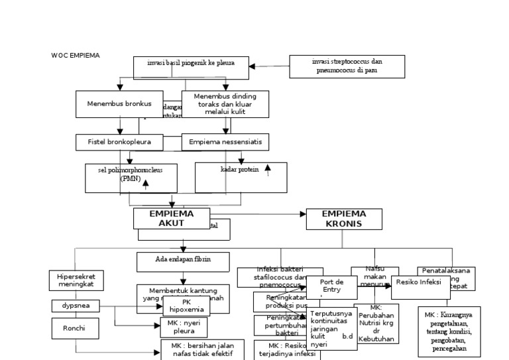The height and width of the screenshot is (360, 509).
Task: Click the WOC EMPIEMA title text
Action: [76, 56]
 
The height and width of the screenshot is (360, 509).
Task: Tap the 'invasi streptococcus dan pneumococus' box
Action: [347, 66]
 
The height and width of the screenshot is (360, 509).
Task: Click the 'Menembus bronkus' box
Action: [119, 104]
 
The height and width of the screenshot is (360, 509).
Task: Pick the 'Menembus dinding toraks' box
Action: [226, 104]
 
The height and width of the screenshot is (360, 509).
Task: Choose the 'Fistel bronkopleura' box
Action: [119, 142]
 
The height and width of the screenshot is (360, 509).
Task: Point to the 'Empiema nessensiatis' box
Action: [225, 142]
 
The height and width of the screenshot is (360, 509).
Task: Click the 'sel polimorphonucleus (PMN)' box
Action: [132, 177]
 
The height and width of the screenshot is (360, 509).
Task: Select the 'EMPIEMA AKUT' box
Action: [171, 219]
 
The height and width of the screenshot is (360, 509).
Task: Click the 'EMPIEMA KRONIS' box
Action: [344, 219]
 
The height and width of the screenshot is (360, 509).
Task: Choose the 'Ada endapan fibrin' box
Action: [183, 261]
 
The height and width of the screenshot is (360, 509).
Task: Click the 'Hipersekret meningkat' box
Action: [76, 280]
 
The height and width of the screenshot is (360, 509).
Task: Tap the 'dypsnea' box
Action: [76, 306]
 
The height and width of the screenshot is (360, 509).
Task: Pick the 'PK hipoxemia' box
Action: [186, 306]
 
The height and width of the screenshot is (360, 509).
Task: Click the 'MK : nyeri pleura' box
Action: [184, 327]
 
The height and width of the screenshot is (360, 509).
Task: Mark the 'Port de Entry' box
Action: [331, 286]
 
